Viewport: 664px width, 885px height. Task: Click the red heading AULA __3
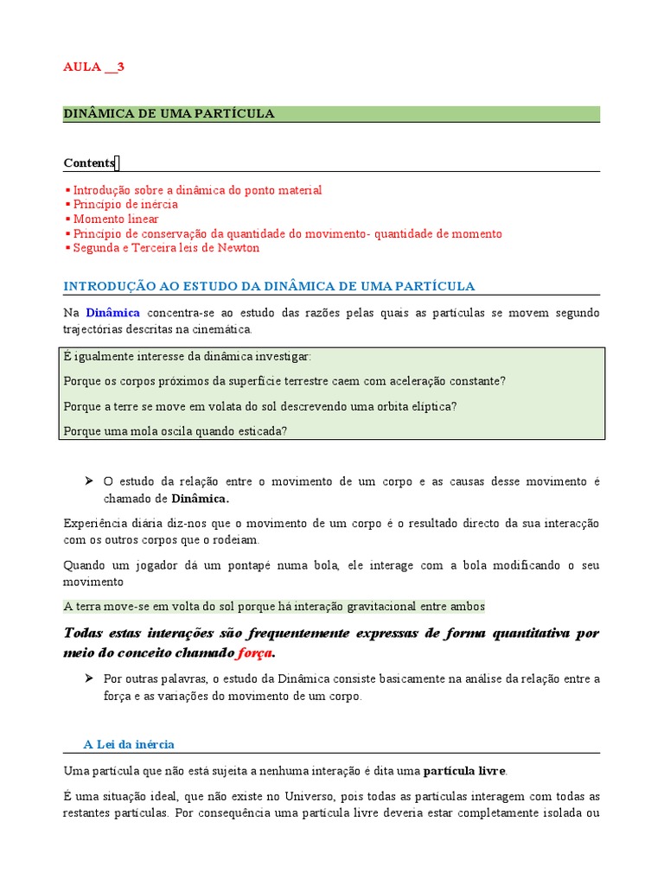click(94, 67)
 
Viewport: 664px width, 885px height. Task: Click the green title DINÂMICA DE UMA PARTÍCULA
click(169, 113)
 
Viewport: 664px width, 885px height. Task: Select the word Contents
click(89, 162)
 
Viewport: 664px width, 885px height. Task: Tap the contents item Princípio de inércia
click(125, 204)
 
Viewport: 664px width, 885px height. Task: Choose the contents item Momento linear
click(116, 219)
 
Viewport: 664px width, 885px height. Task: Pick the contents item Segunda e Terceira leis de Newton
click(166, 248)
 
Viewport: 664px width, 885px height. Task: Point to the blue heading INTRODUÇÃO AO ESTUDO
click(269, 286)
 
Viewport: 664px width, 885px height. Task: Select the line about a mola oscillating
click(176, 430)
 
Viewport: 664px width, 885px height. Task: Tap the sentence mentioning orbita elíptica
click(260, 405)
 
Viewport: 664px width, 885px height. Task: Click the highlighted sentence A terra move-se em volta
click(274, 607)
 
